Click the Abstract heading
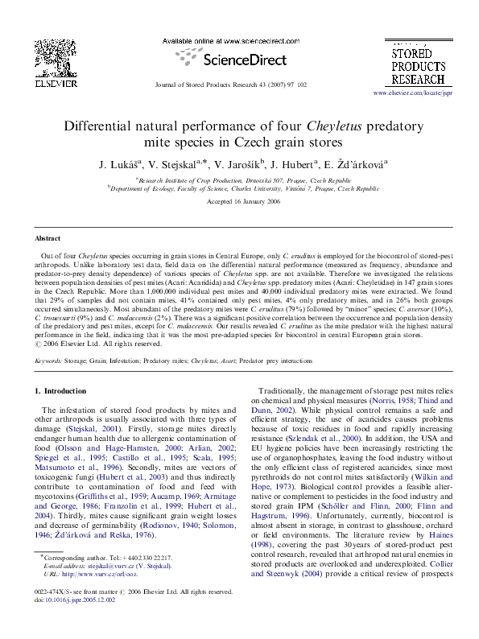[x=47, y=239]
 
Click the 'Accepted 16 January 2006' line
[x=239, y=200]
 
